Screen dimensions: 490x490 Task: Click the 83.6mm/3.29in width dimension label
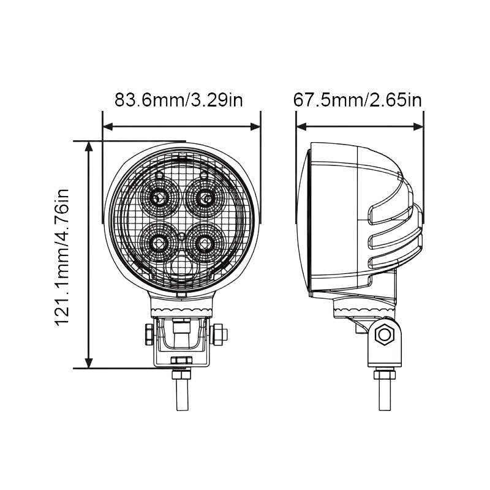pos(178,100)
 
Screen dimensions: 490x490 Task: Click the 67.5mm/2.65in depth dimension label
pos(358,100)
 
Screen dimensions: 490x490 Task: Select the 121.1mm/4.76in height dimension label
pos(62,257)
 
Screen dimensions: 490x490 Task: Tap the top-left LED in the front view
pos(159,197)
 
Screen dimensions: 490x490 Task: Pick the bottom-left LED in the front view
pos(159,243)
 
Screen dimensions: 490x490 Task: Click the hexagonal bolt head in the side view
pos(385,334)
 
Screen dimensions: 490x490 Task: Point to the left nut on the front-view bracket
pos(149,334)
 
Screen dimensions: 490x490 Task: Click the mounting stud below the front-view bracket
pos(183,389)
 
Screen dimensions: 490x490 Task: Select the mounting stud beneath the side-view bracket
pos(385,389)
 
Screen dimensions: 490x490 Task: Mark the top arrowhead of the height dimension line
pos(89,147)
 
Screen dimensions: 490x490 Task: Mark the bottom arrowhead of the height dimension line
pos(89,363)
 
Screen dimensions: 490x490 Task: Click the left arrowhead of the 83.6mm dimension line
pos(108,127)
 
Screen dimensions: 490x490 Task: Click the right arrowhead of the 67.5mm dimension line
pos(418,127)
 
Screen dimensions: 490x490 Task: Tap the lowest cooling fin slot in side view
pos(395,260)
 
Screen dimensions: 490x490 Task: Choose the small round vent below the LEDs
pos(182,268)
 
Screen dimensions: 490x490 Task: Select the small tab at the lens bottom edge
pos(181,295)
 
